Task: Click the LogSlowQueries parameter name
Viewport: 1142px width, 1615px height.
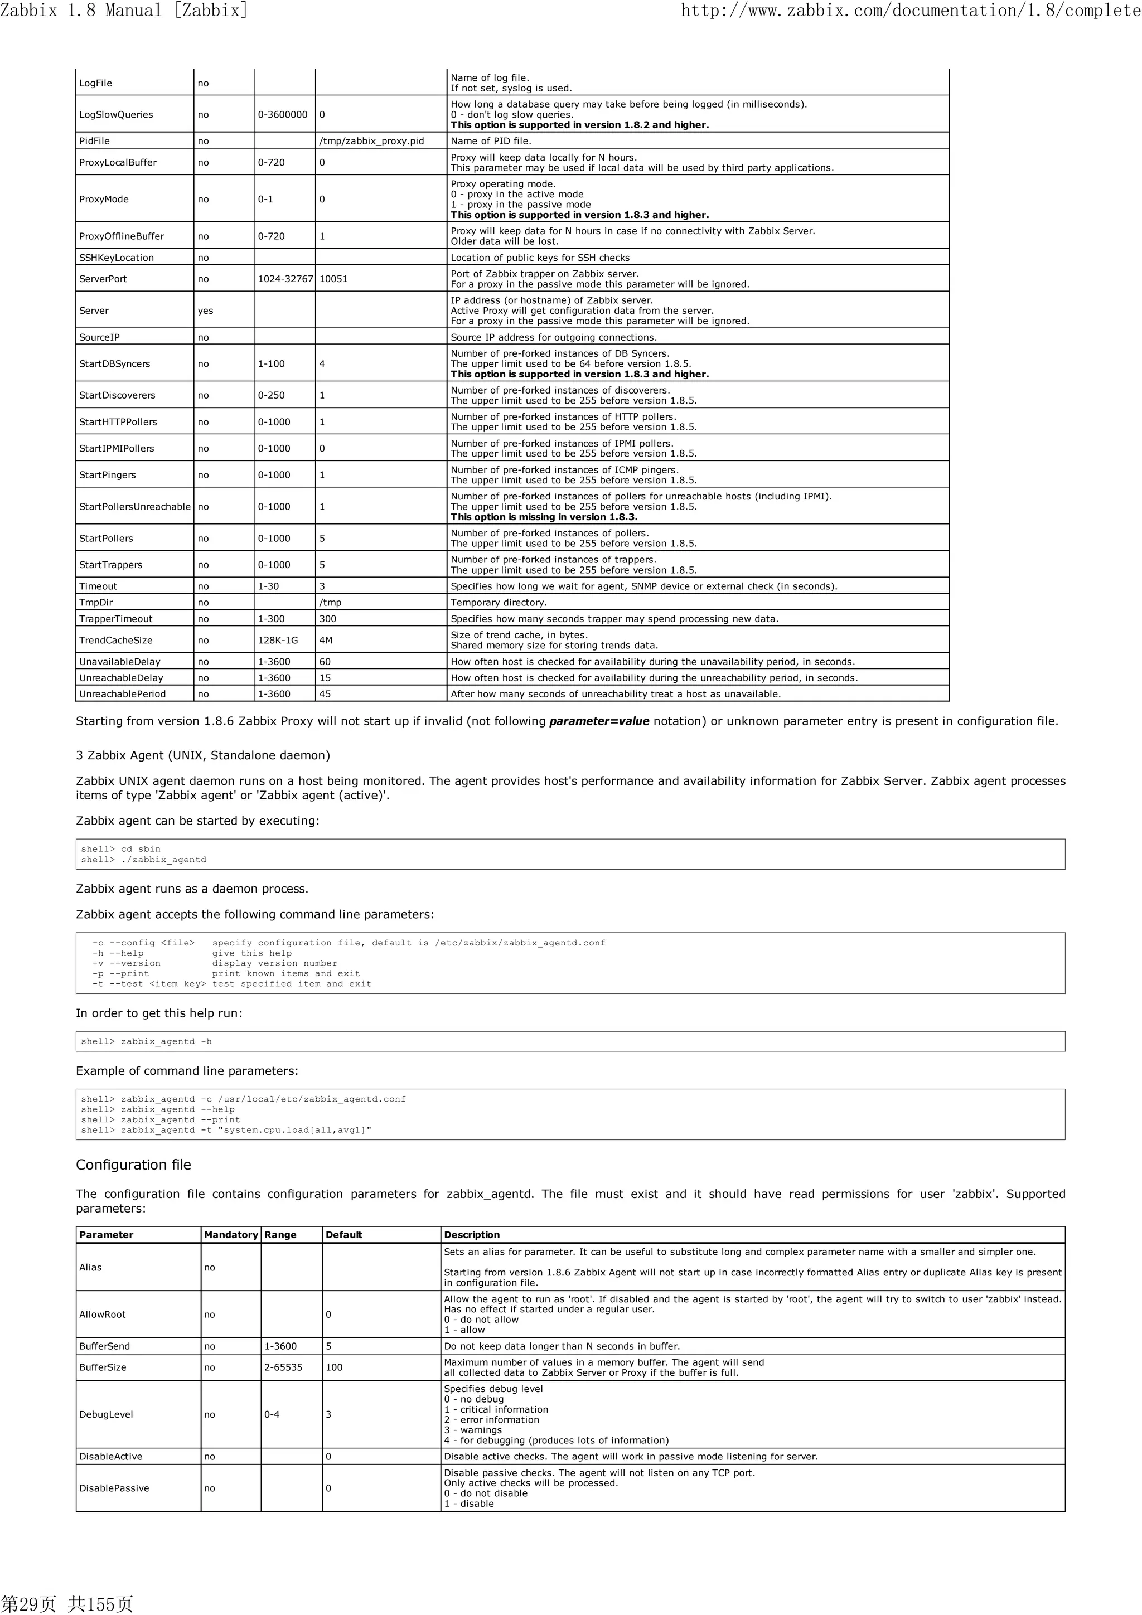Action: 115,115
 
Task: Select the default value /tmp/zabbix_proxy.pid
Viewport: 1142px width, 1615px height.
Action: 371,140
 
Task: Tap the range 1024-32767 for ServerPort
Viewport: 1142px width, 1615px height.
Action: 285,279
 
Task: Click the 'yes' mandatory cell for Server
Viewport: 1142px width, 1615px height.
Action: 205,310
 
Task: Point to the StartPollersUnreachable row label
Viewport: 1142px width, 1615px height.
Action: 134,506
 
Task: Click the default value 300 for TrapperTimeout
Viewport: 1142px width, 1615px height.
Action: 328,619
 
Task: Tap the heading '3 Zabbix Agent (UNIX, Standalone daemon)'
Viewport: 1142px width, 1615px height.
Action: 202,755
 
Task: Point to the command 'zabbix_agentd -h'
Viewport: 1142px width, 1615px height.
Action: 166,1042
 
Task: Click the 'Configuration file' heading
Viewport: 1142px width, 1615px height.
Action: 134,1165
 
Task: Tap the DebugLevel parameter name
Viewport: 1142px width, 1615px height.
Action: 107,1414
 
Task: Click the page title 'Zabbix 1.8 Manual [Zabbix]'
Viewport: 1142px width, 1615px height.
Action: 124,10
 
